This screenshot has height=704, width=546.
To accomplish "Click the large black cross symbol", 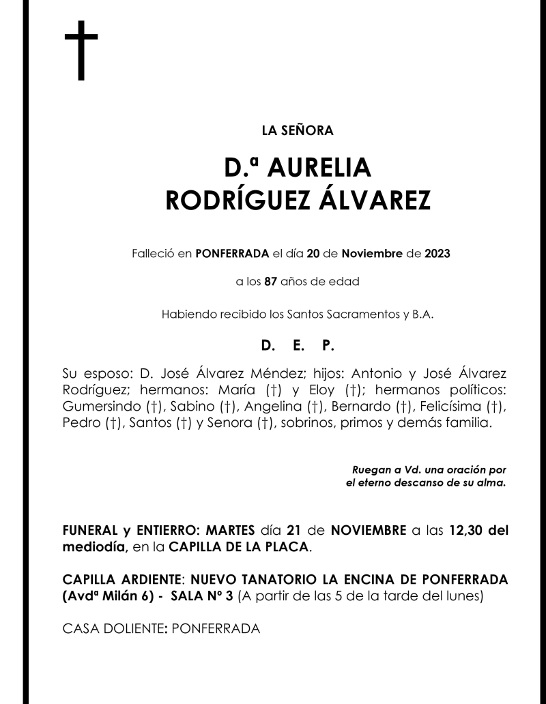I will [x=81, y=50].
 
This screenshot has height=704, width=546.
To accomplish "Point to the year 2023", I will [x=437, y=254].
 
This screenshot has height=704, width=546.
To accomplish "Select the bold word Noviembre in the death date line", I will [x=372, y=254].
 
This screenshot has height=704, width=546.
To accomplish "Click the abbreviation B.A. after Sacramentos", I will [x=421, y=314].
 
